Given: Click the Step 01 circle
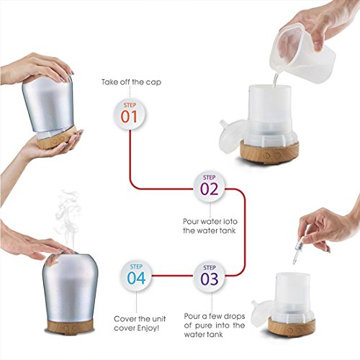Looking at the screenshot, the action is pos(130,114).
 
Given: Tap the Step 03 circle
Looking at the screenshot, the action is pos(210,276).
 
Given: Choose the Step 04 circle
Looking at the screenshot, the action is pos(136,276).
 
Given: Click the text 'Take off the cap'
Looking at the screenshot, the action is pos(131,82).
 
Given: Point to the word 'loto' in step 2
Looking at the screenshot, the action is pos(228,221).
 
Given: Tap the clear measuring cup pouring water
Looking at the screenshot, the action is pos(303,52).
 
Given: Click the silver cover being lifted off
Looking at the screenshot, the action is pos(48,103).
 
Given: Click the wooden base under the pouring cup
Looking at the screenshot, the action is pos(269,151).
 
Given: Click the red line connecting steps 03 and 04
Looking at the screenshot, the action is pos(173,276).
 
